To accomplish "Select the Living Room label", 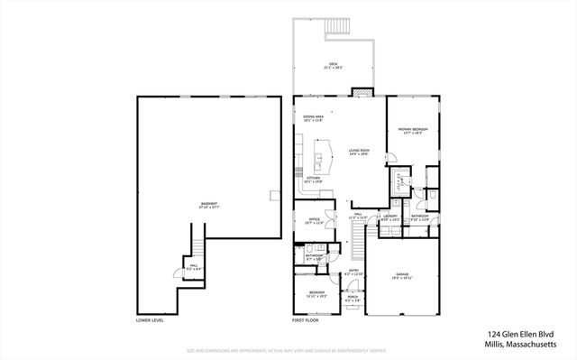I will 359,152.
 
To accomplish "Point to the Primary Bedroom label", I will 412,131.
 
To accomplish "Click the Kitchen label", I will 313,180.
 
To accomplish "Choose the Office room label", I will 314,220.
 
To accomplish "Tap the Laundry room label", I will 390,217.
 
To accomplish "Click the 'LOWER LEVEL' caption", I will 150,320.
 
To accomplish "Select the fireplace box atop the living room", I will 362,91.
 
